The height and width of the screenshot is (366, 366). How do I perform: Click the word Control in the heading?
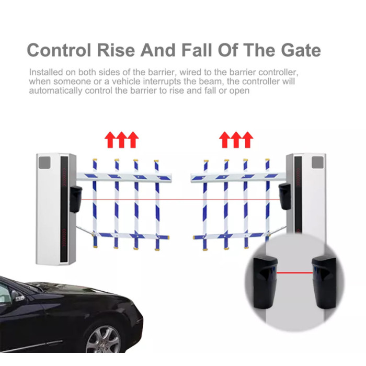(x=59, y=50)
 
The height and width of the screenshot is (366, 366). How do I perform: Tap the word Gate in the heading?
(x=301, y=50)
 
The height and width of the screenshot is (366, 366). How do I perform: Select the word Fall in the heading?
(x=198, y=50)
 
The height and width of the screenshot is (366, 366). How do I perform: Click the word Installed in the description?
(x=46, y=72)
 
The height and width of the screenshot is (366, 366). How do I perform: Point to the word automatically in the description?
(x=55, y=90)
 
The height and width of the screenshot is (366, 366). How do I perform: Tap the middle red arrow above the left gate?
(x=121, y=140)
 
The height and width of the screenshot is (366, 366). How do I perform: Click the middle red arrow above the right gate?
(x=236, y=140)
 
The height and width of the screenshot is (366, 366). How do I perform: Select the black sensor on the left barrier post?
(x=76, y=199)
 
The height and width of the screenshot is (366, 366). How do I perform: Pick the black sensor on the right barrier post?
(x=285, y=196)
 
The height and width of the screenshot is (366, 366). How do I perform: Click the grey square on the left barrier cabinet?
(x=44, y=163)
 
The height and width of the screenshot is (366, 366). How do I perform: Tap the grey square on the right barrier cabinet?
(x=317, y=162)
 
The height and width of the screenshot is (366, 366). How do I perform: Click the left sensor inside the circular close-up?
(x=266, y=282)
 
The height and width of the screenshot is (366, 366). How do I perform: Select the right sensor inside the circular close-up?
(x=324, y=282)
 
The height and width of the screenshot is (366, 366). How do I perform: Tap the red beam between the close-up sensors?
(x=294, y=272)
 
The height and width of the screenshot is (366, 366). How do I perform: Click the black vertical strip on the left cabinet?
(x=64, y=209)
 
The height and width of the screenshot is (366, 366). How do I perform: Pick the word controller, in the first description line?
(x=279, y=72)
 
